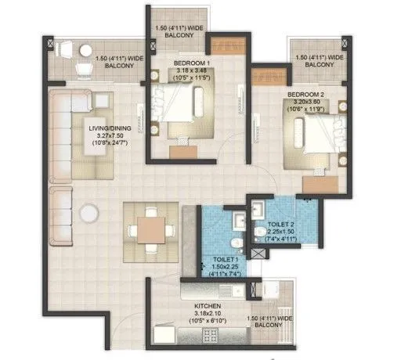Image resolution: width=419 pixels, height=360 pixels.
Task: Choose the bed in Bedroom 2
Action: click(x=312, y=136)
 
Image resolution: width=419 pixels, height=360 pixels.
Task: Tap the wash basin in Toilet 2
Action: click(x=261, y=232)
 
